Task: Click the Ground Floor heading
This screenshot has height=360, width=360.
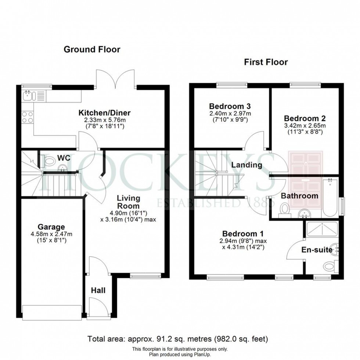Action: (92, 49)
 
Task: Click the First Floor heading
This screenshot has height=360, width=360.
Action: (266, 62)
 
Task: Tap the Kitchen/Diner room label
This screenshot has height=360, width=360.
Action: (104, 113)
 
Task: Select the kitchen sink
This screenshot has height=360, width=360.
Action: (29, 96)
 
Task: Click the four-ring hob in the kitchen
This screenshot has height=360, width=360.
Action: (27, 117)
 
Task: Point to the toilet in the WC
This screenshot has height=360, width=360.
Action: (48, 161)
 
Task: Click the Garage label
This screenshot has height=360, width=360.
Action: (51, 227)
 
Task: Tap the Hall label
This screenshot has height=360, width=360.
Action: (98, 291)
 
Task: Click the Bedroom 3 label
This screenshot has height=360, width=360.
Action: (230, 106)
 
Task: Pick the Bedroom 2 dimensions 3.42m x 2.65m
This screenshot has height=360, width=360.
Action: (305, 126)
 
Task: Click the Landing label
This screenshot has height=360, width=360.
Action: (246, 165)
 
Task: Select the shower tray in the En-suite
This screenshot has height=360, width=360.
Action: (322, 229)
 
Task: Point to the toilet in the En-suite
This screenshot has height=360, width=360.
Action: (331, 266)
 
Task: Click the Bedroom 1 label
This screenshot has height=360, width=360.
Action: (243, 234)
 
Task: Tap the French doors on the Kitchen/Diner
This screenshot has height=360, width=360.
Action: (115, 79)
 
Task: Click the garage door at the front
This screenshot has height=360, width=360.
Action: (52, 312)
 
